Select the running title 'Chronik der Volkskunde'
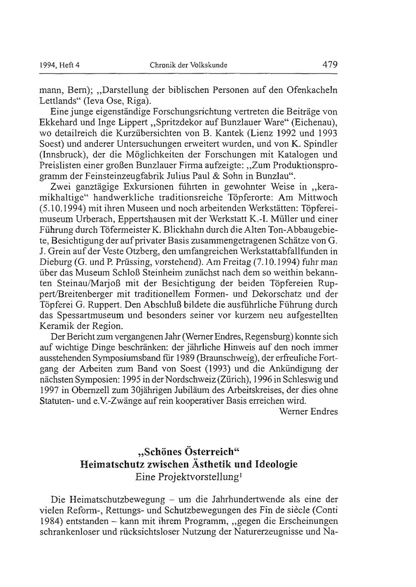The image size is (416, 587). pyautogui.click(x=188, y=65)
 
